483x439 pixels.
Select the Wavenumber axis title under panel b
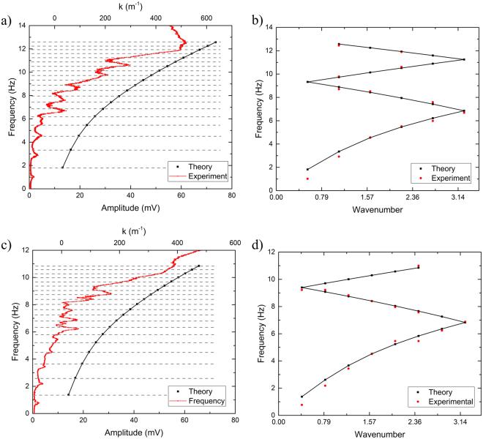pos(368,206)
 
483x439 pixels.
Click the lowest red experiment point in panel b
pos(307,179)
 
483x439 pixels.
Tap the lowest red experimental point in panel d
pos(302,405)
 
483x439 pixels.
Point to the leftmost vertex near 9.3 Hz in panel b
pos(307,81)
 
